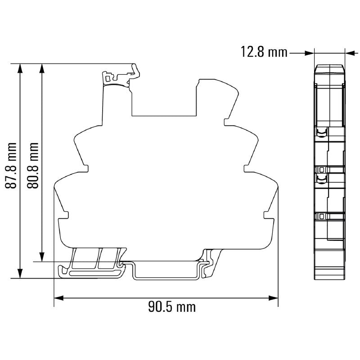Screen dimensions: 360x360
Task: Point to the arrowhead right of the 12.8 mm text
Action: pyautogui.click(x=309, y=53)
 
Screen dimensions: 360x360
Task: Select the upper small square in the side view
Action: pyautogui.click(x=321, y=169)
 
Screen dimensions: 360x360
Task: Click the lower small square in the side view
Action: pyautogui.click(x=321, y=216)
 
